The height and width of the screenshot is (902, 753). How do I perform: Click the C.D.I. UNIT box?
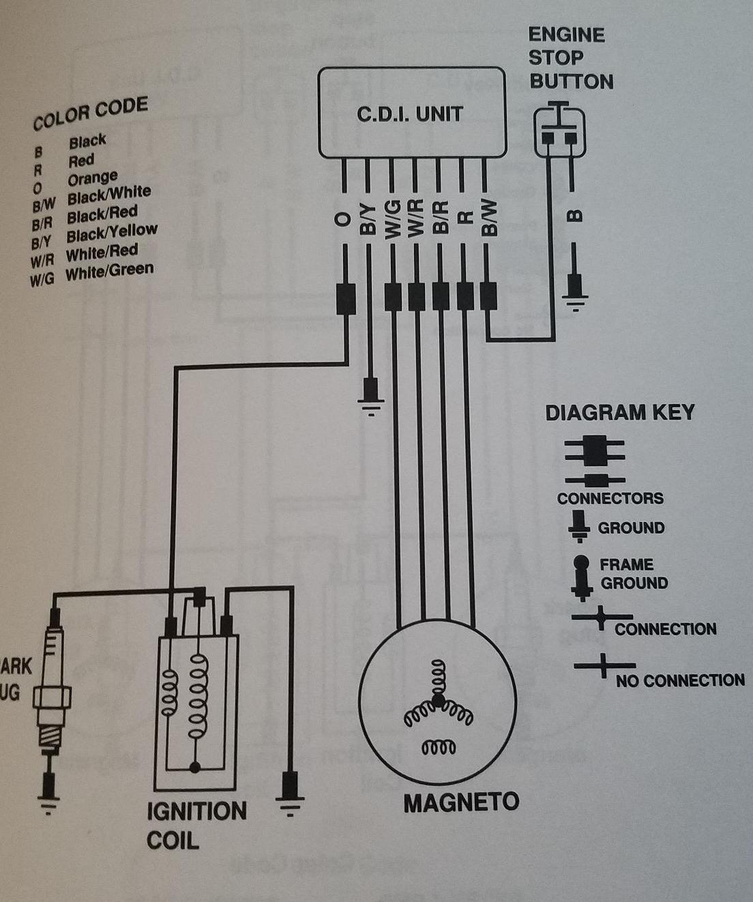pos(412,113)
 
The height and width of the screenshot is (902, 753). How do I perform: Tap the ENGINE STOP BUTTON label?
pos(570,59)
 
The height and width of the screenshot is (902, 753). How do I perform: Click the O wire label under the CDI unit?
pos(344,219)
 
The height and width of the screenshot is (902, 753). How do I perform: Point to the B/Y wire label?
pos(368,219)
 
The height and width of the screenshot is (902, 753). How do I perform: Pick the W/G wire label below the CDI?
pos(392,219)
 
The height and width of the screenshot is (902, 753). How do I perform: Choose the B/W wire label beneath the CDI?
pos(488,219)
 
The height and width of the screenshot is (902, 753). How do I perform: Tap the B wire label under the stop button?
pos(575,216)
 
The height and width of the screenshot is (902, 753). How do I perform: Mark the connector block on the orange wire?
pos(346,299)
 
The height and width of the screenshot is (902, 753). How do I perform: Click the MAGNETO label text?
pos(461,802)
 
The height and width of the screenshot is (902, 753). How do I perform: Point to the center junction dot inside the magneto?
pos(437,700)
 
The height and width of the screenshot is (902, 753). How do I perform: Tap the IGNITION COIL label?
pos(196,825)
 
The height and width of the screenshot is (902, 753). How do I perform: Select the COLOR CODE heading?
pos(90,113)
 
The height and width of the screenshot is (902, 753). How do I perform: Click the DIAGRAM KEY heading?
pos(619,412)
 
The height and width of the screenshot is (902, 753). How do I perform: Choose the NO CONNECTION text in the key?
pos(679,680)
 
